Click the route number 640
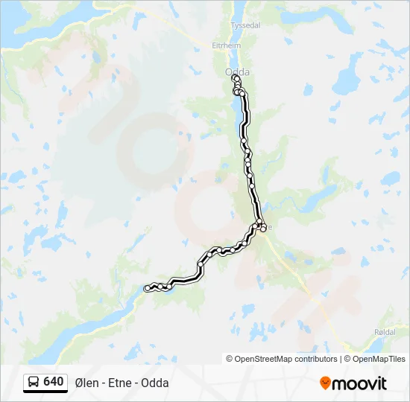pos(54,381)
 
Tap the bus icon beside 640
pos(34,382)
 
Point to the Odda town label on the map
pos(237,71)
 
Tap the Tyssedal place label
pos(245,25)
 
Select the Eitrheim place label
pos(227,45)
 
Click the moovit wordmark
pos(359,383)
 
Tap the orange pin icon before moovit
pos(325,383)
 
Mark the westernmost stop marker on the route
pos(148,288)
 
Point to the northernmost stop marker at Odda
pos(236,77)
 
